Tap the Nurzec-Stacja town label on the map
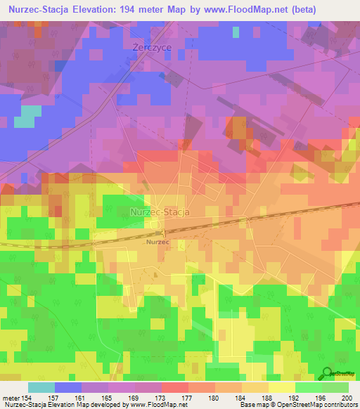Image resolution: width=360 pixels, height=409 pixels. tap(160, 212)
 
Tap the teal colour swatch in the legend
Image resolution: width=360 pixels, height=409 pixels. tap(41, 387)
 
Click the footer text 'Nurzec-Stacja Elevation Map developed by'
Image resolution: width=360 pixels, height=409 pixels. tap(60, 405)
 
